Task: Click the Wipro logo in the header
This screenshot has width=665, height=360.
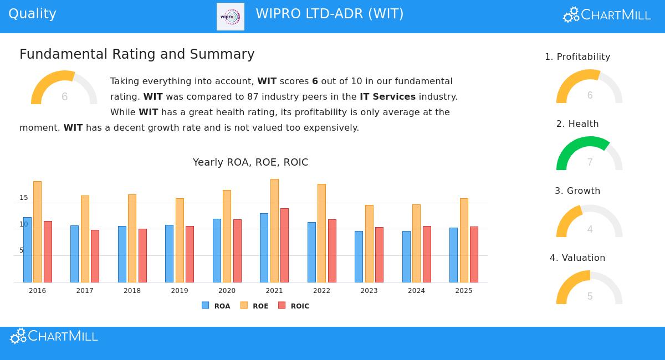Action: (230, 17)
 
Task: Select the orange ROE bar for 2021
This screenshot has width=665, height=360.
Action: (274, 230)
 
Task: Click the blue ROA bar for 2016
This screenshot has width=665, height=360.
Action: (27, 249)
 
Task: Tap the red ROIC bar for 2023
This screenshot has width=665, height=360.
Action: (379, 254)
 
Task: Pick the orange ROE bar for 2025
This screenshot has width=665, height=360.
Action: (464, 240)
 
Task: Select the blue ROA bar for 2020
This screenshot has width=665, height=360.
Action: (217, 250)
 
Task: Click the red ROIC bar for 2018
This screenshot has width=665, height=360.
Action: (142, 255)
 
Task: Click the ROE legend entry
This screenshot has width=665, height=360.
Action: (254, 306)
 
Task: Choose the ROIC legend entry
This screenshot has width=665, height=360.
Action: (294, 306)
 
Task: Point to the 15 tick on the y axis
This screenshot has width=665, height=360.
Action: (24, 198)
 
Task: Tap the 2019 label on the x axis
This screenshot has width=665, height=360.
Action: (180, 291)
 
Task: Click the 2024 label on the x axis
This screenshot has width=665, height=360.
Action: (416, 291)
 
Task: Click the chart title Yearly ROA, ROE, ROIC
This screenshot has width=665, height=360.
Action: (250, 162)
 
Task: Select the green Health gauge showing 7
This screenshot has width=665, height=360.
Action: (589, 153)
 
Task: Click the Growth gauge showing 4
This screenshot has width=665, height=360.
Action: (589, 222)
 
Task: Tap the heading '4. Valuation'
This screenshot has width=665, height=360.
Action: (577, 258)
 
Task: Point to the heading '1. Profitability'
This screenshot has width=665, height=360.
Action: (577, 57)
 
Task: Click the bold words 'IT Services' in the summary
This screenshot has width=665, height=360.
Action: (387, 97)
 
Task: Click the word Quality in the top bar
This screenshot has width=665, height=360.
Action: (33, 14)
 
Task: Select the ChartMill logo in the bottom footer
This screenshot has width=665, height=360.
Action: (54, 336)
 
